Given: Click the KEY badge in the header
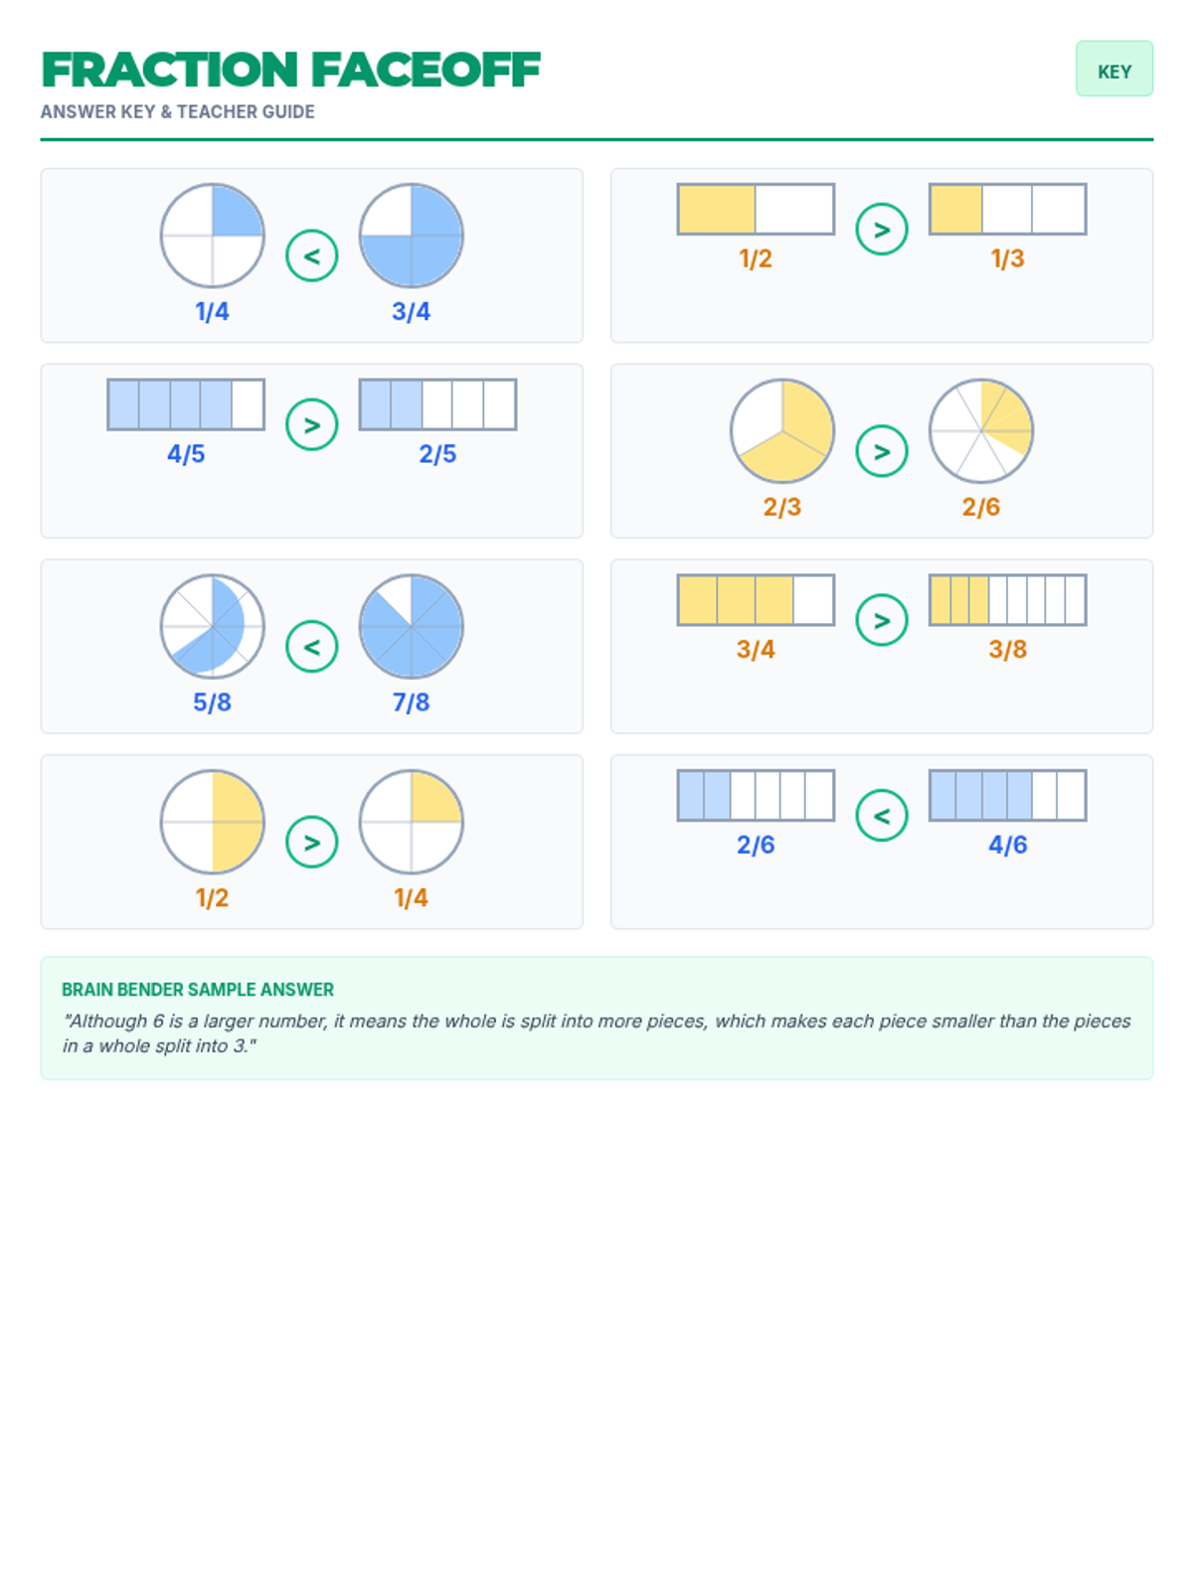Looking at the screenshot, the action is pyautogui.click(x=1113, y=69).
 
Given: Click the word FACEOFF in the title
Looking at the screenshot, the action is pyautogui.click(x=426, y=71).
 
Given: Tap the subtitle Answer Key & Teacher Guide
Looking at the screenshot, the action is pyautogui.click(x=178, y=111).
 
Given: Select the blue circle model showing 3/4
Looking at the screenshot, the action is pyautogui.click(x=411, y=236).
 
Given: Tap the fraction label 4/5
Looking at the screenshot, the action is pyautogui.click(x=186, y=454).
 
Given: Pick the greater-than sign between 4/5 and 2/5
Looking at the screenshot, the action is pyautogui.click(x=311, y=424).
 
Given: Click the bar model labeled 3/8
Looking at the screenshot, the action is pyautogui.click(x=1007, y=600).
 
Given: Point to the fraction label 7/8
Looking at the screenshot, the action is pyautogui.click(x=411, y=702).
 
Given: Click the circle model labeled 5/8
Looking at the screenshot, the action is pyautogui.click(x=212, y=627).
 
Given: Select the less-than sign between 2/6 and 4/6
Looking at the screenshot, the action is pyautogui.click(x=882, y=816).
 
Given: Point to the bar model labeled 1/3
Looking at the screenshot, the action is pyautogui.click(x=1007, y=210).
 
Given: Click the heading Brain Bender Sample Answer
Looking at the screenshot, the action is pyautogui.click(x=198, y=990).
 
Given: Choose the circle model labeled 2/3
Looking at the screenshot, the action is pyautogui.click(x=782, y=431).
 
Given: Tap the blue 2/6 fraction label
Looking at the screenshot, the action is pyautogui.click(x=756, y=845).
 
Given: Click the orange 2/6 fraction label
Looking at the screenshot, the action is pyautogui.click(x=981, y=507).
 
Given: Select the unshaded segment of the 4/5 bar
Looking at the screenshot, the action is pyautogui.click(x=248, y=404).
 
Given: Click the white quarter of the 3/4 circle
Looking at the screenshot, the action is pyautogui.click(x=386, y=211).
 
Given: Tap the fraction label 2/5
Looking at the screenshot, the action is pyautogui.click(x=437, y=454).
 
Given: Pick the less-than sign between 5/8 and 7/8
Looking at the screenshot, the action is pyautogui.click(x=311, y=646).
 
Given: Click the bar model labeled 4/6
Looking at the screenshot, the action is pyautogui.click(x=1007, y=795).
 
